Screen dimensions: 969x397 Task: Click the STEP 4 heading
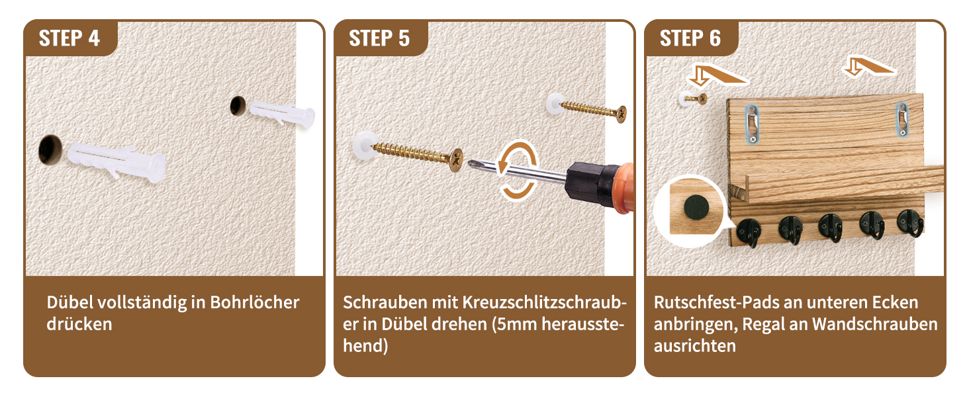click(69, 38)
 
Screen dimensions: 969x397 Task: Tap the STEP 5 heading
click(379, 38)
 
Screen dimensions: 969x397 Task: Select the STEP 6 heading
click(690, 38)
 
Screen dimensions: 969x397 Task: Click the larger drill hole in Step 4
click(50, 150)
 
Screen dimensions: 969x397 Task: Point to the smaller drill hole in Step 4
click(238, 105)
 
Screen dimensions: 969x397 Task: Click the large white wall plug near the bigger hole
click(116, 161)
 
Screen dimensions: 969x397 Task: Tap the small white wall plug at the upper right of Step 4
click(283, 112)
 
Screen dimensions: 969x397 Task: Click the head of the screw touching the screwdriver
click(456, 160)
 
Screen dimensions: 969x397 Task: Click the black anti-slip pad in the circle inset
click(695, 207)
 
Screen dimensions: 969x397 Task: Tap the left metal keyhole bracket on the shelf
click(753, 124)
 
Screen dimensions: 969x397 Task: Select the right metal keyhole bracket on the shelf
click(901, 119)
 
